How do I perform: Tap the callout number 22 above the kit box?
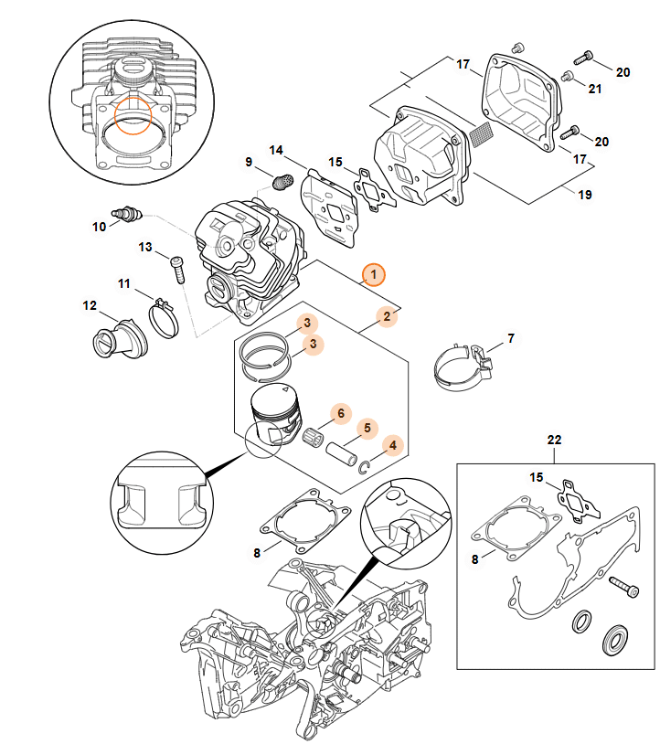(554, 440)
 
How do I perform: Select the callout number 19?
(585, 195)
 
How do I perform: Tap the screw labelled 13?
(177, 270)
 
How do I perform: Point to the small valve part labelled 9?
(282, 182)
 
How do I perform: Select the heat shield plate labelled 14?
(331, 208)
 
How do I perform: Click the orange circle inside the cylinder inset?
(135, 114)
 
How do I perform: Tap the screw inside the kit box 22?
(621, 588)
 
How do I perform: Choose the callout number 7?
(511, 339)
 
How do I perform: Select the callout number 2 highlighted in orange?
(387, 316)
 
